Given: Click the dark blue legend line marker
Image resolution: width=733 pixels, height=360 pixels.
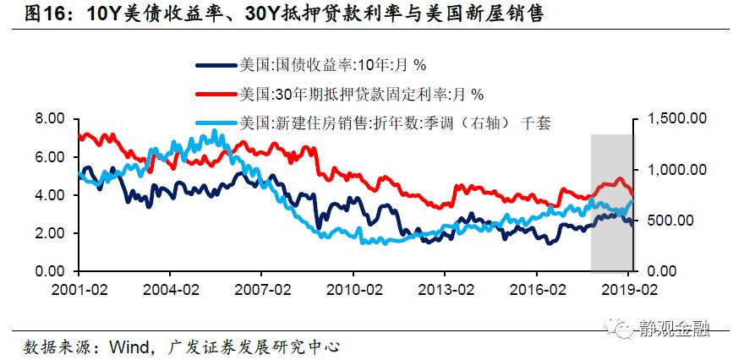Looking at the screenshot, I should tap(215, 65).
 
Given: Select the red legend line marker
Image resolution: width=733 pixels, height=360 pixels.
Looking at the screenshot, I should tap(215, 93).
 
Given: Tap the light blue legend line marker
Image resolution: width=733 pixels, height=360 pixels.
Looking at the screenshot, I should tap(215, 122).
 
